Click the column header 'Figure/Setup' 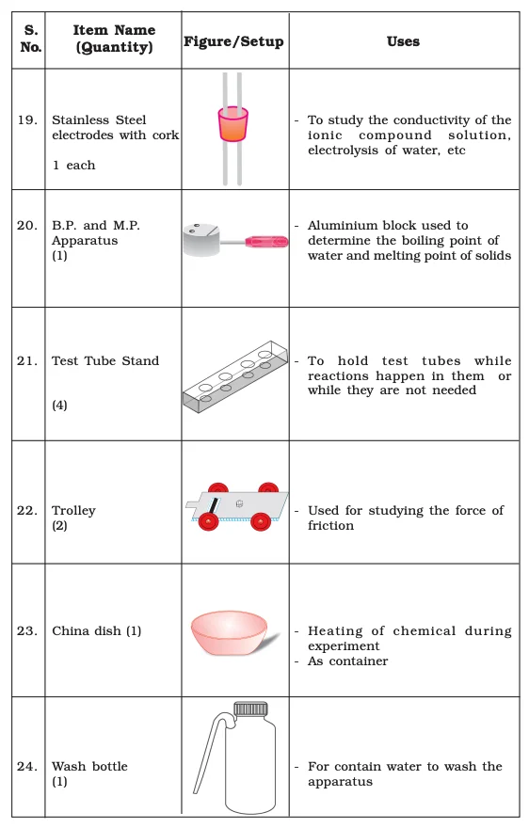pyautogui.click(x=233, y=41)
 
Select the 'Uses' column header pyautogui.click(x=403, y=41)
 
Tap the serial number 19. pyautogui.click(x=27, y=119)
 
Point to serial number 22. pyautogui.click(x=27, y=510)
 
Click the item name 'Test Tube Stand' pyautogui.click(x=105, y=360)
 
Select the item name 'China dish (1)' pyautogui.click(x=96, y=630)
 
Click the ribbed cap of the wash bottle pyautogui.click(x=251, y=709)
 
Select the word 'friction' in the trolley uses pyautogui.click(x=330, y=525)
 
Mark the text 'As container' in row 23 pyautogui.click(x=347, y=661)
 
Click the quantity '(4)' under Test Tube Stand pyautogui.click(x=59, y=406)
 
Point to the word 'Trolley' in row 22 pyautogui.click(x=73, y=510)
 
